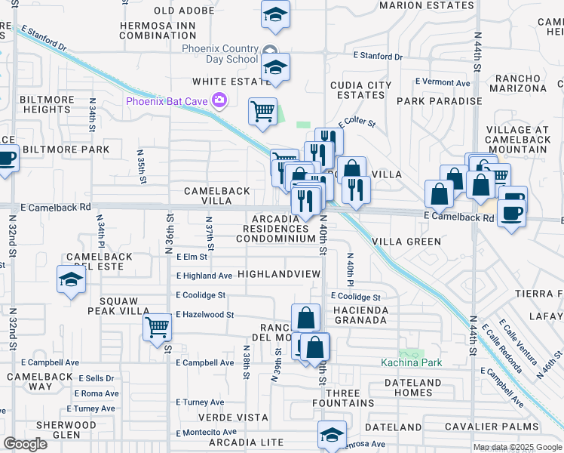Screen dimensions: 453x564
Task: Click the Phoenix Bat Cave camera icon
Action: [x=219, y=100]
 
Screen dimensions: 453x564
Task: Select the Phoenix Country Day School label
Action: [x=220, y=54]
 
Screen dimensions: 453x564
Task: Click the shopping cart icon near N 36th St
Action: [x=158, y=327]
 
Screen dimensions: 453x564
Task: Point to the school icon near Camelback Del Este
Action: [x=71, y=280]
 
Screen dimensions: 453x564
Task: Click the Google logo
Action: [x=25, y=444]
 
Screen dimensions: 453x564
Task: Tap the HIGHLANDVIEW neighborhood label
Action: [x=279, y=274]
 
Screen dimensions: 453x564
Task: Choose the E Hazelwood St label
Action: [x=205, y=315]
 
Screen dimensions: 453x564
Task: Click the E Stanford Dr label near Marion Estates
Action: [x=379, y=57]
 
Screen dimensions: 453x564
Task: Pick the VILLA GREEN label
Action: [x=407, y=242]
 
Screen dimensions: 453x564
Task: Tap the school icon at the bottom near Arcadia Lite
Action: [x=332, y=434]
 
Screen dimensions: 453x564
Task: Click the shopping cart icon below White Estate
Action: [x=262, y=112]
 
